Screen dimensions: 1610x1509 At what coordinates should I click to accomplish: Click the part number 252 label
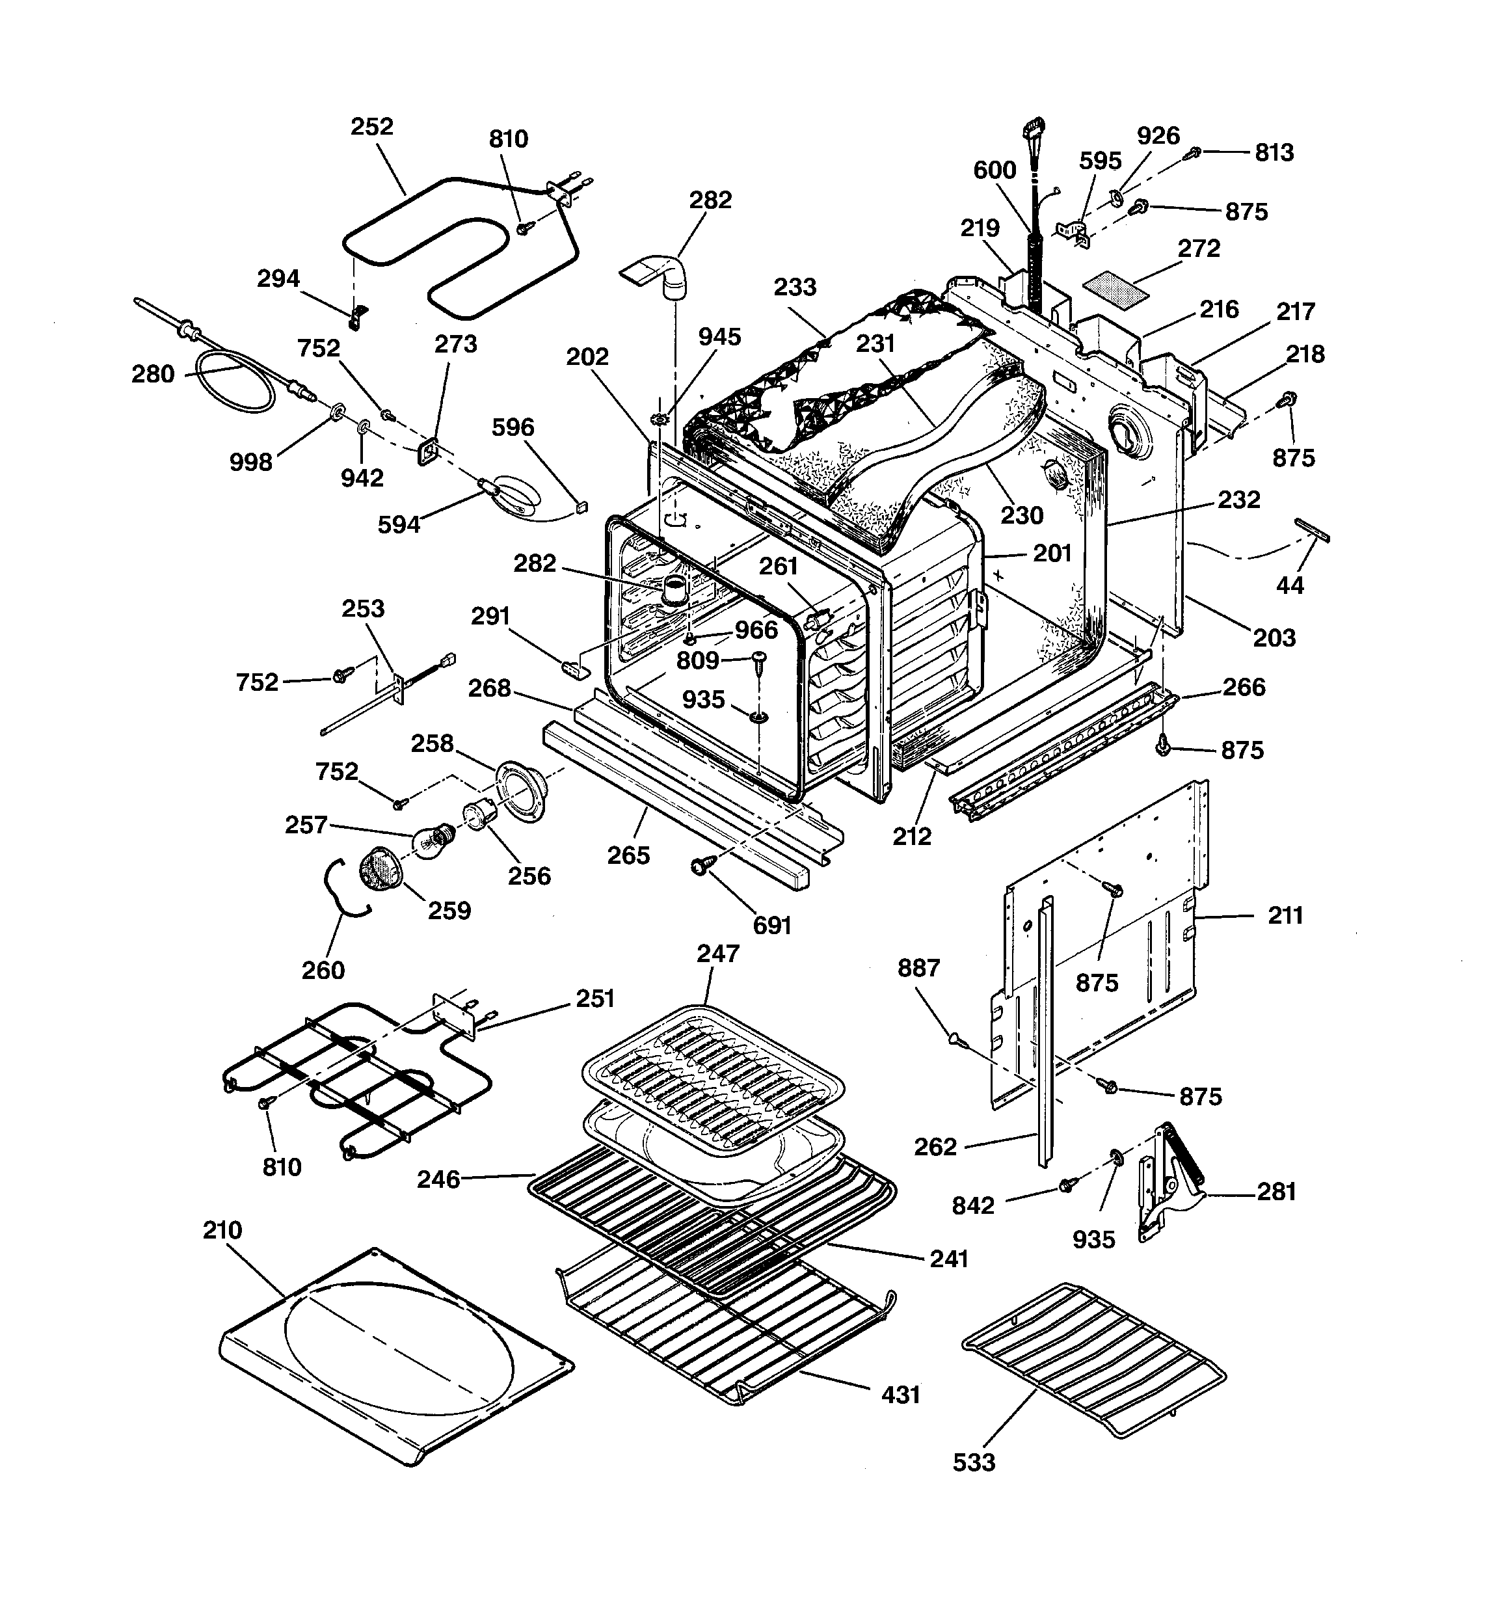coord(372,127)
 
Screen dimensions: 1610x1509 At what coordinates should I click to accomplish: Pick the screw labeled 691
coord(698,867)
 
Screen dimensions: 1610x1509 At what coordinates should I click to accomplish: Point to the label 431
coord(901,1395)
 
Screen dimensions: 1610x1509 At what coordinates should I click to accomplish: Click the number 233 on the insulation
coord(795,288)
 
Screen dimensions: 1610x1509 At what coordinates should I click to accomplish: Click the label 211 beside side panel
coord(1285,916)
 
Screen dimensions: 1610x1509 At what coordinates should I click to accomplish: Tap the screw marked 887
coord(955,1038)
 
